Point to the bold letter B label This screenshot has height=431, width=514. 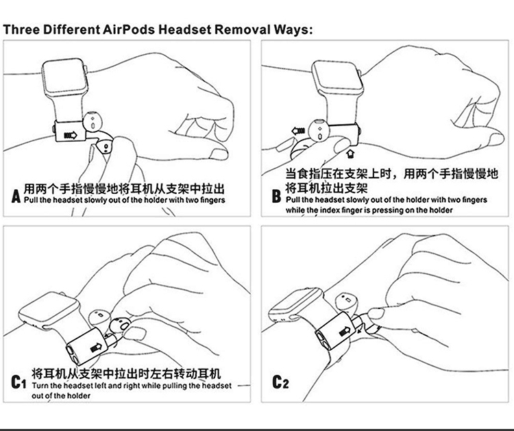[x=276, y=197]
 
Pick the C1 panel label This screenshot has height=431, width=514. [x=19, y=380]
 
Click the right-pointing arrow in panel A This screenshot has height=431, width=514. [x=70, y=136]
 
